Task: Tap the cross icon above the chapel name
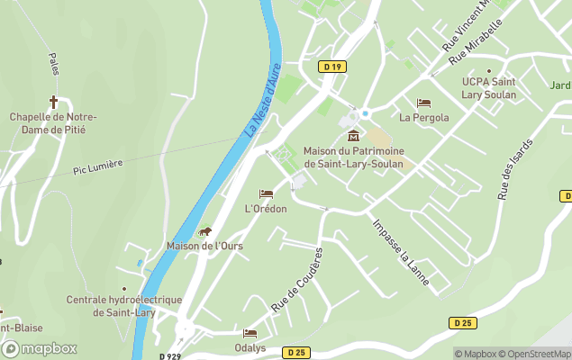point(53,101)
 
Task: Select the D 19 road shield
point(332,67)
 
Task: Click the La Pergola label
point(424,117)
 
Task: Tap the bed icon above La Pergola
point(424,103)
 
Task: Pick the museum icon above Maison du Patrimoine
point(353,136)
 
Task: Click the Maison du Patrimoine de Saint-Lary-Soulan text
point(353,157)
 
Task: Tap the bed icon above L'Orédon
point(266,194)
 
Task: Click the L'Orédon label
point(266,209)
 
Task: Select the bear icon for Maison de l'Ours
point(204,232)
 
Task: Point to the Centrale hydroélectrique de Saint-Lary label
point(124,306)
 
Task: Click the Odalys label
point(250,347)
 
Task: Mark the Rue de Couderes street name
point(297,280)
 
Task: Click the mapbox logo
point(38,348)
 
